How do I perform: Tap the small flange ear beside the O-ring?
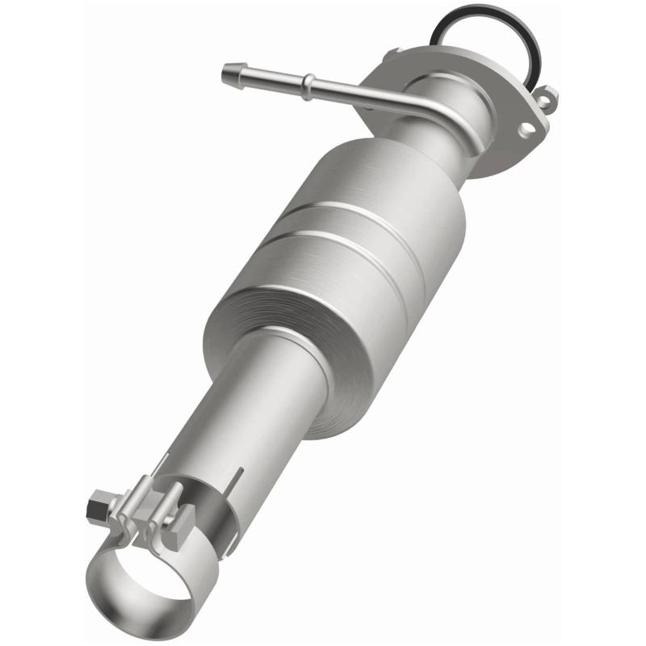[547, 98]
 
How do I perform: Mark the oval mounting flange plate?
[505, 145]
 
